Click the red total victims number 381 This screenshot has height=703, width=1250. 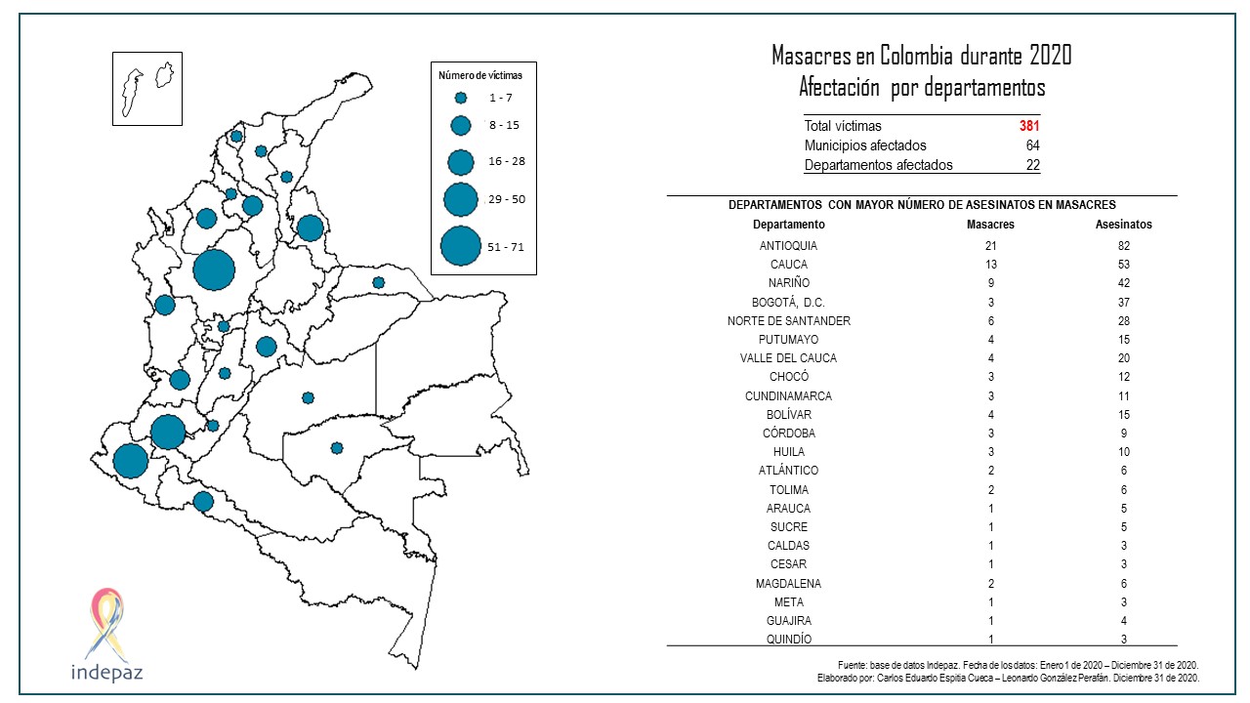point(1029,126)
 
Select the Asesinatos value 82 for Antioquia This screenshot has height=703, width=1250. point(1124,246)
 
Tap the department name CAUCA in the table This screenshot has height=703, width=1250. point(789,265)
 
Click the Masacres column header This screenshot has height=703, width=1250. point(990,225)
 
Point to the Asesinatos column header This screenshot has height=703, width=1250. point(1124,225)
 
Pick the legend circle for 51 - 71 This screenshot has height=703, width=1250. point(460,246)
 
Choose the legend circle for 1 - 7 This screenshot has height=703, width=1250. point(461,98)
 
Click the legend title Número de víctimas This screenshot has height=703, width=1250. point(480,75)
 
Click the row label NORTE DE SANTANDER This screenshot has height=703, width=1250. point(789,321)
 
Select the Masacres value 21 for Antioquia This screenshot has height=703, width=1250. point(990,246)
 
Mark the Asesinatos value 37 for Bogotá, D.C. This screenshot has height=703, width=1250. point(1124,303)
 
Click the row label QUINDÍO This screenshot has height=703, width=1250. point(789,640)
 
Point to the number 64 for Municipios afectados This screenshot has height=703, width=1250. point(1032,145)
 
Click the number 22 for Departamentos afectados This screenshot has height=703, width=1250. point(1032,165)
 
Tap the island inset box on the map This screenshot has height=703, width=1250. point(146,89)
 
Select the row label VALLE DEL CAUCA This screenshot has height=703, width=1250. point(789,358)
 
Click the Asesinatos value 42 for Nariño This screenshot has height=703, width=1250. point(1124,283)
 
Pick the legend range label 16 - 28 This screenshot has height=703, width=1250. point(507,161)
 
